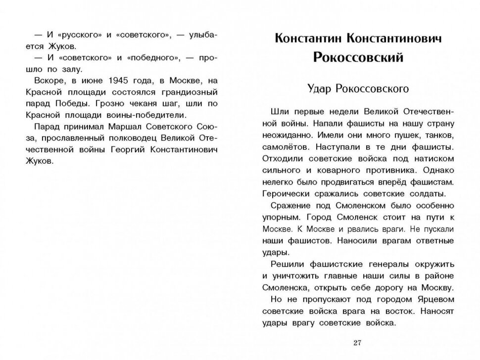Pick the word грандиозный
191,92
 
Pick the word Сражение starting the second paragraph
290,205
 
